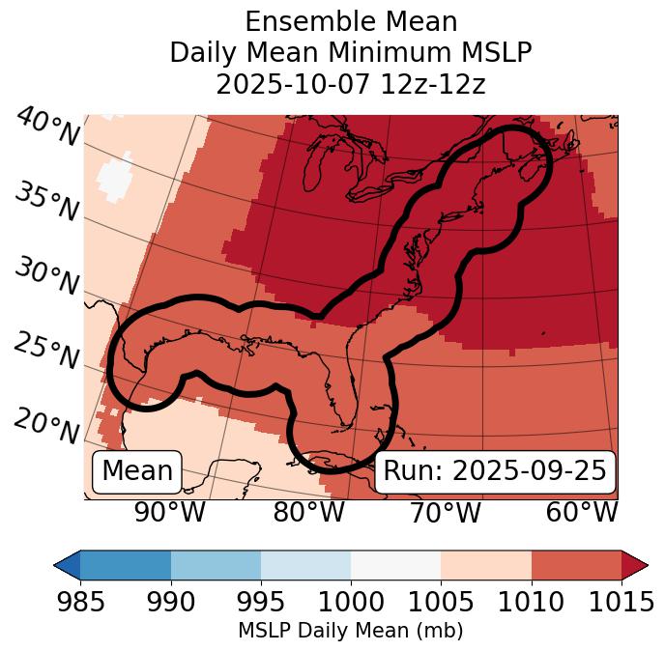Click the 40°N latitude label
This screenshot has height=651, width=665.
click(x=46, y=127)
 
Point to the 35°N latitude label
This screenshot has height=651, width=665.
click(x=45, y=202)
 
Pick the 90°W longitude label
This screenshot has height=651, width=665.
click(x=170, y=512)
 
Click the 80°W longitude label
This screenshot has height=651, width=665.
click(x=309, y=512)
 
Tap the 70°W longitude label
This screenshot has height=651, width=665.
click(x=446, y=512)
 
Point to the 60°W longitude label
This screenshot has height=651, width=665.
click(x=582, y=512)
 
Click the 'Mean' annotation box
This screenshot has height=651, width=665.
click(x=137, y=471)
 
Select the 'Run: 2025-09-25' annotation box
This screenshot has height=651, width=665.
click(x=495, y=471)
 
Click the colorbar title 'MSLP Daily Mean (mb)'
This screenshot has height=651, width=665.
click(x=350, y=631)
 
